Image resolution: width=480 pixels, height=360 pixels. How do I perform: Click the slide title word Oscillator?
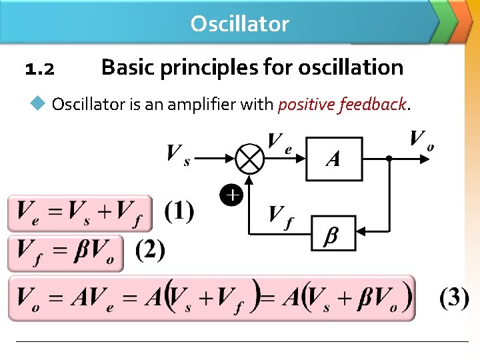239,24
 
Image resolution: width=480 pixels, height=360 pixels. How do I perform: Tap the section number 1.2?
39,69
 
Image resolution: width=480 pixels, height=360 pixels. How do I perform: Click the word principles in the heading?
217,67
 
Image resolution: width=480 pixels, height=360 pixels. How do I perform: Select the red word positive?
306,105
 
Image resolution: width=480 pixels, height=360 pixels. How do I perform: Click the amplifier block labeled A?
333,159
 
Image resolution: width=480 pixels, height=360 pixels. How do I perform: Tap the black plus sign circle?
231,195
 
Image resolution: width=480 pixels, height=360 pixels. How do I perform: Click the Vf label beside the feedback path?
281,216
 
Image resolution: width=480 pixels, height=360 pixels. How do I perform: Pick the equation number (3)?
454,297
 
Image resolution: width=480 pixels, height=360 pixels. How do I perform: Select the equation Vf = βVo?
66,253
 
